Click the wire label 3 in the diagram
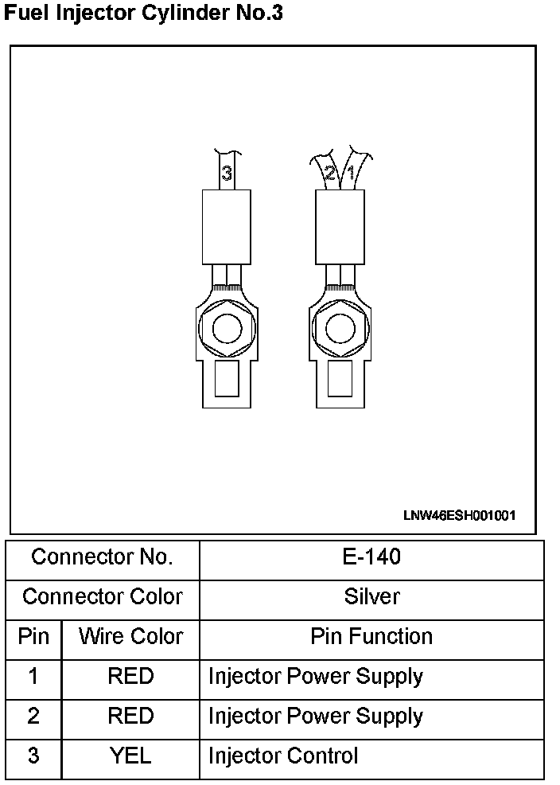(x=227, y=173)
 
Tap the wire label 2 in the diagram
(x=330, y=172)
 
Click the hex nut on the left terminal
(x=227, y=329)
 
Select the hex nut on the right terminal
(x=340, y=329)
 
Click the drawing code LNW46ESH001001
(x=459, y=515)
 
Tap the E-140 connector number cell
(x=371, y=557)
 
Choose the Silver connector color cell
(x=371, y=597)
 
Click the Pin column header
(x=33, y=637)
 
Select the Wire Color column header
(x=130, y=637)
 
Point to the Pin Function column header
(x=371, y=637)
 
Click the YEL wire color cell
(x=130, y=756)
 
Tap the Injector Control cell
(x=283, y=756)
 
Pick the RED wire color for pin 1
(x=130, y=677)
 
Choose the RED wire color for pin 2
(x=130, y=717)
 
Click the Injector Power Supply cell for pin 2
(x=315, y=717)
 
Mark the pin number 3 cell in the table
(x=33, y=756)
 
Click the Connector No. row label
(x=102, y=557)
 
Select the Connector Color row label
(x=102, y=597)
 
